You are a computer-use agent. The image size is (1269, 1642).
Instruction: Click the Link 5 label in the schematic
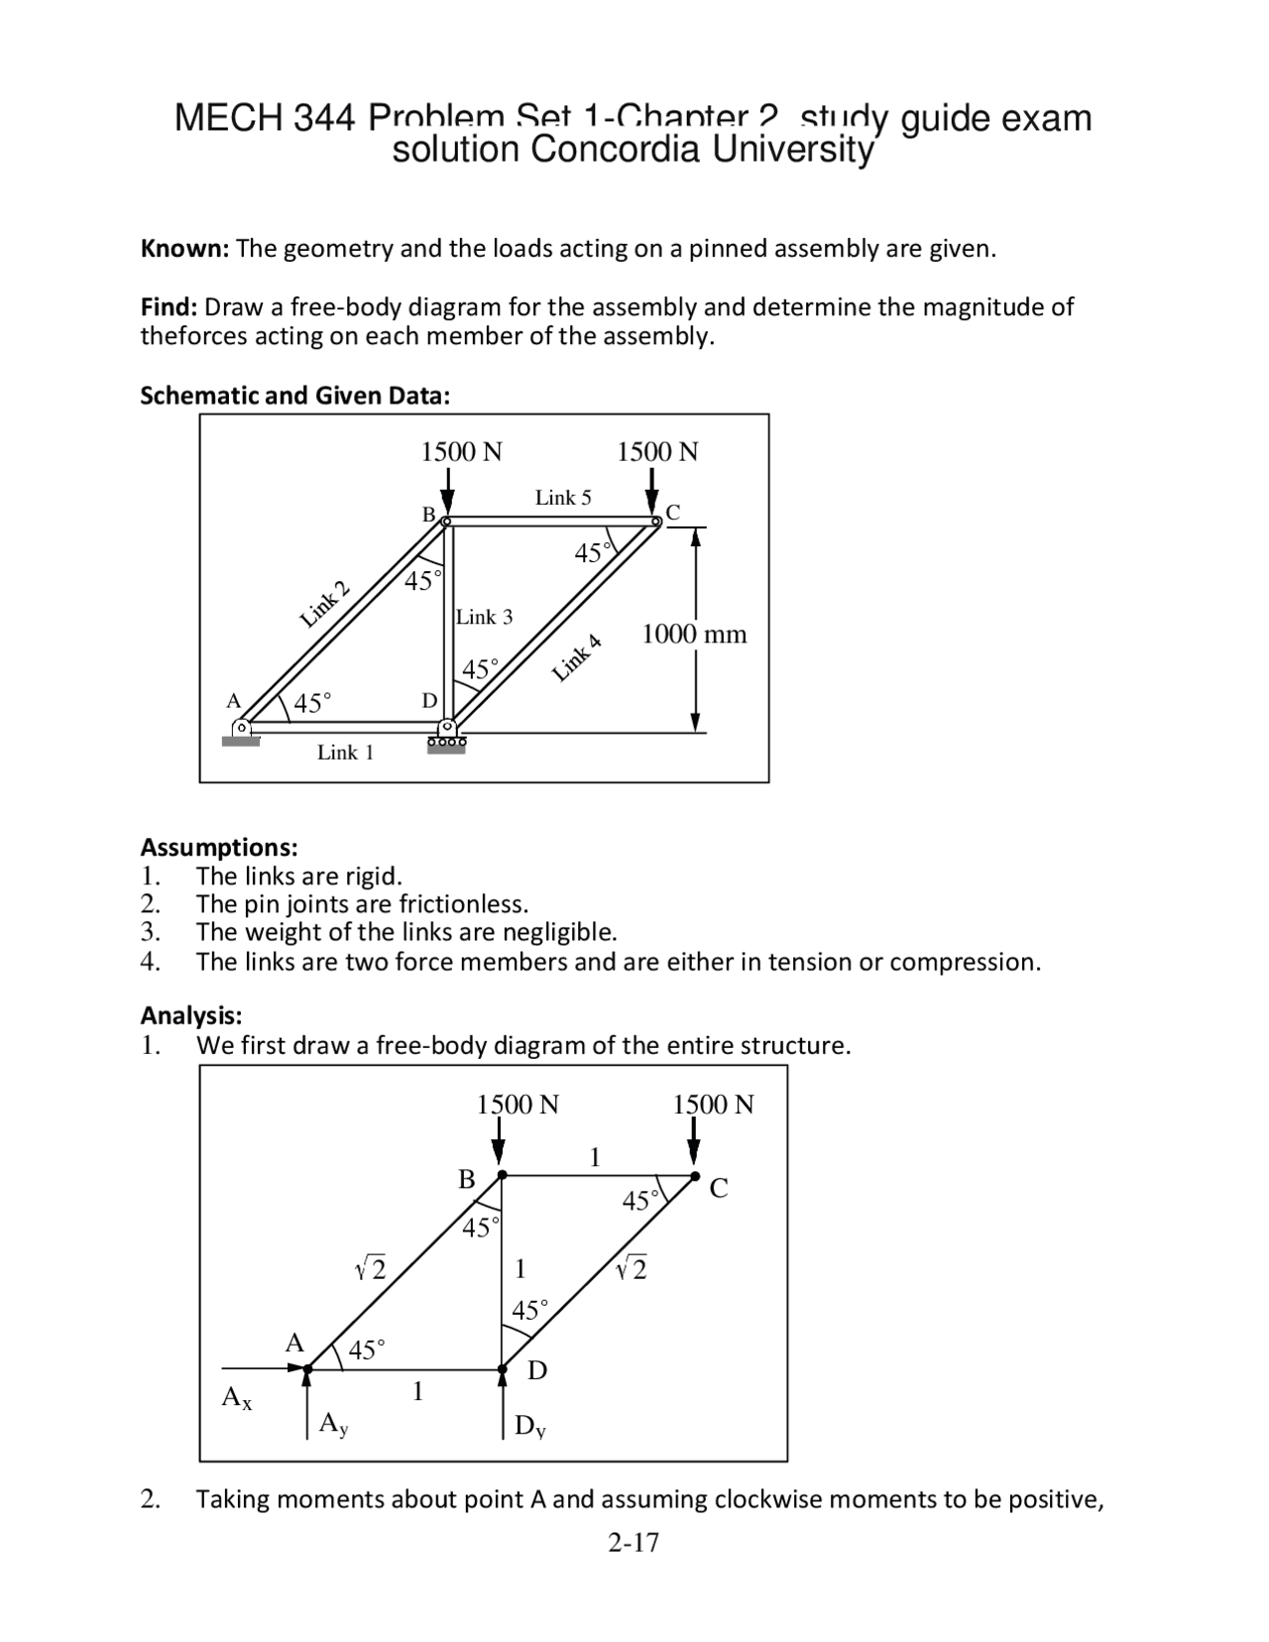coord(562,498)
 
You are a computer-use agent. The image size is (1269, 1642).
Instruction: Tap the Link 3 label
coord(484,617)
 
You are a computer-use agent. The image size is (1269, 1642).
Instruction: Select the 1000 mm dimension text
coord(694,634)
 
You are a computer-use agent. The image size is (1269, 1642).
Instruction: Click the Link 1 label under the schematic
coord(345,753)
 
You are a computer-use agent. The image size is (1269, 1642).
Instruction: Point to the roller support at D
coord(446,739)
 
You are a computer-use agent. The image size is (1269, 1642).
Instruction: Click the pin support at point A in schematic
coord(240,732)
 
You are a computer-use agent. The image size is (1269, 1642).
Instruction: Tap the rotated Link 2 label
coord(325,607)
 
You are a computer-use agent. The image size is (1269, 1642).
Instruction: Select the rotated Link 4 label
coord(577,657)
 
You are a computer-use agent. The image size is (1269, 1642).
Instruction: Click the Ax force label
coord(237,1398)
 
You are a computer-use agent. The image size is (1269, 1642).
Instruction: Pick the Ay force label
coord(333,1425)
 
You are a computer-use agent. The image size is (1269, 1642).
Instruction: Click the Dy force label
coord(530,1427)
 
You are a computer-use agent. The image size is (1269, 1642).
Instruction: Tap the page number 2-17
coord(634,1542)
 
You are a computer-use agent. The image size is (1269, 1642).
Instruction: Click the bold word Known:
coord(184,249)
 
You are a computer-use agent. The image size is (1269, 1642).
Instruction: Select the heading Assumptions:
coord(218,848)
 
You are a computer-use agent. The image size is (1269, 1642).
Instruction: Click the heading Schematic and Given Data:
coord(294,396)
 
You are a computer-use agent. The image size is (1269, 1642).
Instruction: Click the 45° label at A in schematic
coord(312,704)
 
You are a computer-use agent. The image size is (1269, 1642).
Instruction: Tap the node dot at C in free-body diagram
coord(694,1176)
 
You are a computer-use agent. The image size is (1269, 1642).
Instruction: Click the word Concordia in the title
coord(615,151)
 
